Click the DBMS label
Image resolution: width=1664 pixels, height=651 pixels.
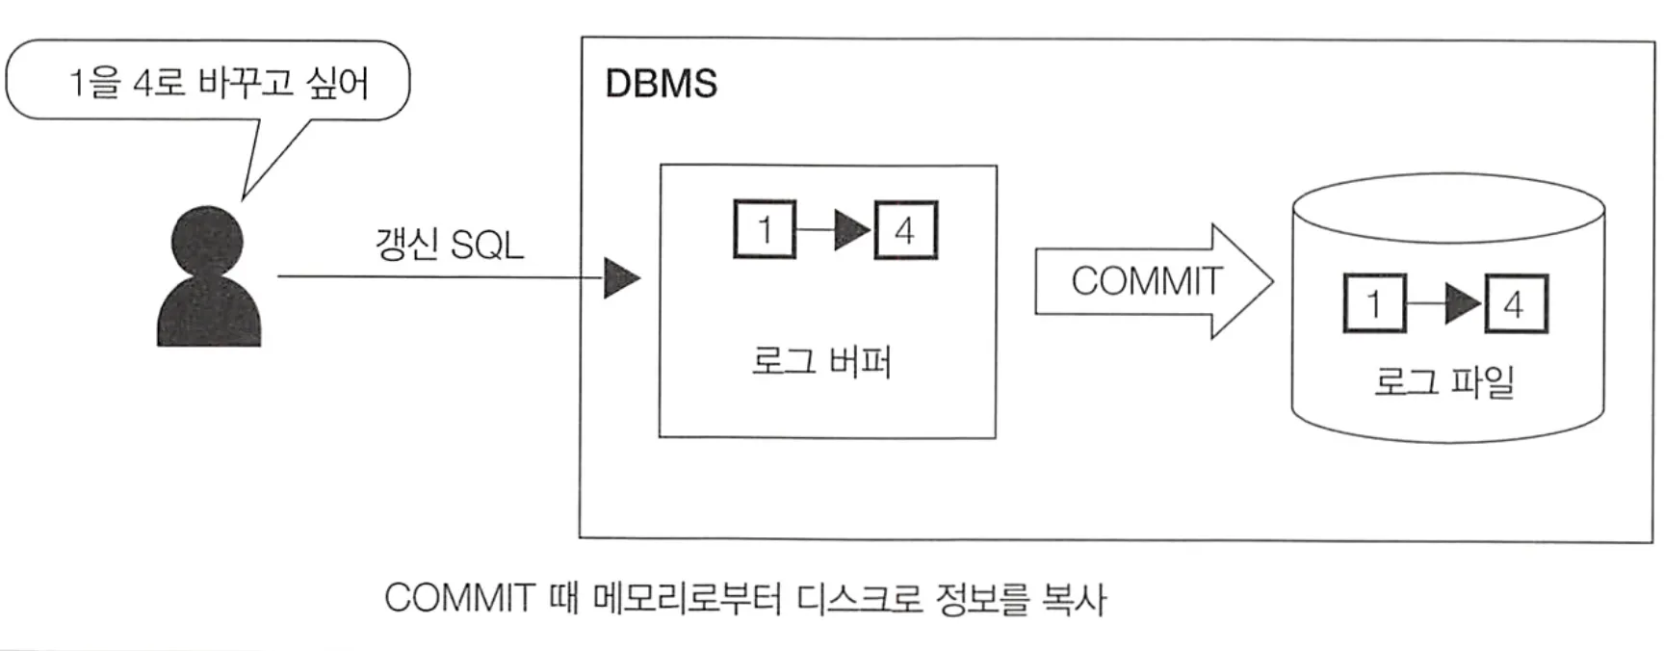pyautogui.click(x=661, y=85)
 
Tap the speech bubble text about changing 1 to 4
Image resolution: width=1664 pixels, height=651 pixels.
pyautogui.click(x=218, y=83)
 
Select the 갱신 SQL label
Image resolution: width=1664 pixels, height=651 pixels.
pyautogui.click(x=449, y=245)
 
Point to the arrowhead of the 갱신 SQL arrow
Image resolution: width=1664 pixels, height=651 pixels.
pyautogui.click(x=621, y=278)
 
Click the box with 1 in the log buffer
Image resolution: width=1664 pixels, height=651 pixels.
pyautogui.click(x=765, y=230)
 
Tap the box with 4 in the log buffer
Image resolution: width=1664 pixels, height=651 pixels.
pyautogui.click(x=905, y=231)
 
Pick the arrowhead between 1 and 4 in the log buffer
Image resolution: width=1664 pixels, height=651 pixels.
pyautogui.click(x=851, y=231)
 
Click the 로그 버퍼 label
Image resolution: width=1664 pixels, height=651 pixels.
pyautogui.click(x=821, y=362)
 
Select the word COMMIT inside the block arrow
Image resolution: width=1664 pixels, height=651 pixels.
pyautogui.click(x=1146, y=281)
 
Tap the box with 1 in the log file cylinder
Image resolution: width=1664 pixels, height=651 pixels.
pyautogui.click(x=1374, y=304)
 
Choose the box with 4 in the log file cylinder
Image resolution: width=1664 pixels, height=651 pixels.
pyautogui.click(x=1515, y=305)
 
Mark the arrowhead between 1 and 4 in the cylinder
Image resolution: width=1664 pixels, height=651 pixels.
pyautogui.click(x=1462, y=304)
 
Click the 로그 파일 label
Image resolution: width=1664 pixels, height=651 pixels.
pyautogui.click(x=1444, y=381)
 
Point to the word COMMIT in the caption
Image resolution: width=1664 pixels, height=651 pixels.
pyautogui.click(x=458, y=598)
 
